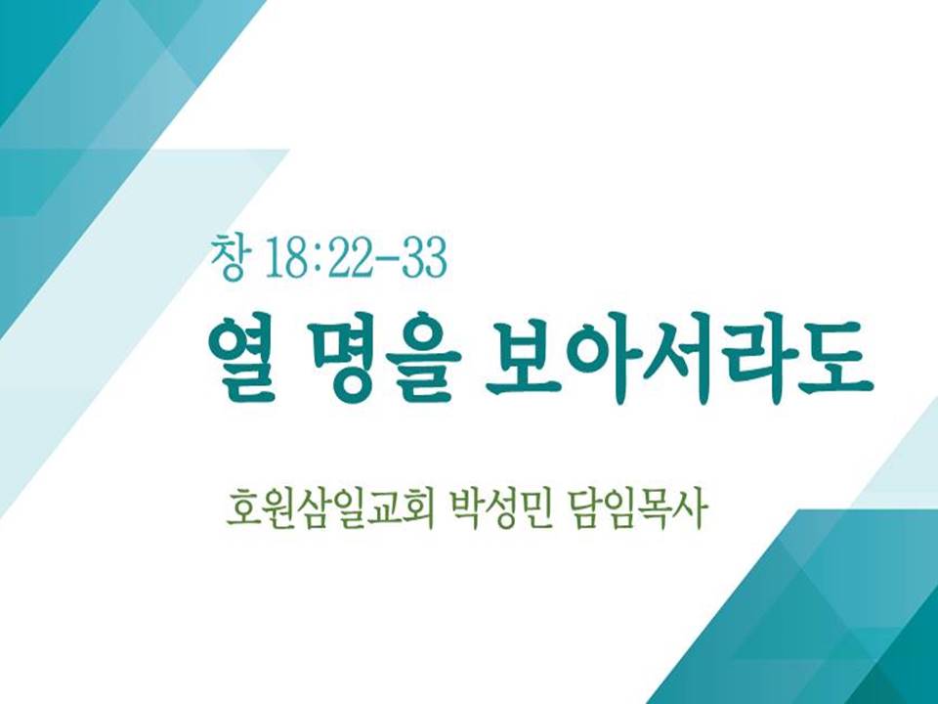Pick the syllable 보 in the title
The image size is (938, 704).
(x=522, y=357)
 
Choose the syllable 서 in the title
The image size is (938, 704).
(x=679, y=357)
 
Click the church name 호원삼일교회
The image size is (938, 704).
(x=330, y=510)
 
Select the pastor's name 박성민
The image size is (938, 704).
(x=499, y=510)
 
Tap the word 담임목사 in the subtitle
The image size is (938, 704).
(x=636, y=510)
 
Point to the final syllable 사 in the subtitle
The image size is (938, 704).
(x=691, y=510)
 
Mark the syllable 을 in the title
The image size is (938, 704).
(x=423, y=358)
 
